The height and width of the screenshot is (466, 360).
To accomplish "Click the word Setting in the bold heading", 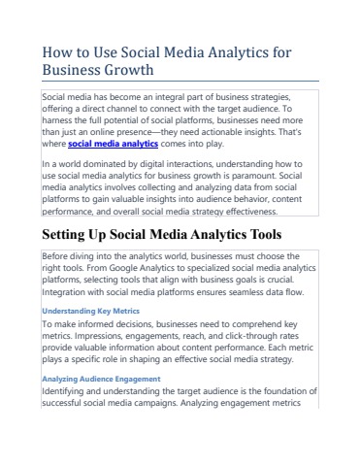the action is [69, 235].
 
